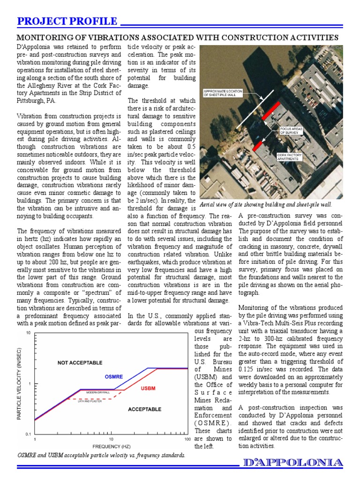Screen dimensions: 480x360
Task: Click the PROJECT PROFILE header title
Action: coord(67,21)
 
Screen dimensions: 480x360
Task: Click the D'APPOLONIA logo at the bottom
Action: coord(293,463)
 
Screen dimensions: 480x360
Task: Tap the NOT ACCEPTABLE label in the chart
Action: coord(80,363)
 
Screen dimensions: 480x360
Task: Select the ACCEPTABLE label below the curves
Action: coord(144,409)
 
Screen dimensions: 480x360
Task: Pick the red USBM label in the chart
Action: coord(148,388)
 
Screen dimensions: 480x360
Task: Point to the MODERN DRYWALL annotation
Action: coord(98,392)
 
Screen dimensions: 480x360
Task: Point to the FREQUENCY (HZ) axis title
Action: coord(112,447)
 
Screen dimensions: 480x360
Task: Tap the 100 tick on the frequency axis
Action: coord(187,440)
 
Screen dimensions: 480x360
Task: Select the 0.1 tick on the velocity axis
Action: coord(28,434)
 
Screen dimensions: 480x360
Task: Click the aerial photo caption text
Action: coord(266,205)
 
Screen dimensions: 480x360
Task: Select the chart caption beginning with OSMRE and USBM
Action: coord(101,455)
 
